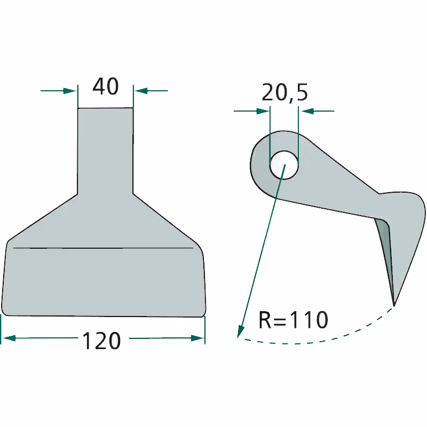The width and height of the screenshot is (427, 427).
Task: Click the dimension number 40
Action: click(x=106, y=86)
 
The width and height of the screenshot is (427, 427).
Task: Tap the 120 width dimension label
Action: click(x=101, y=341)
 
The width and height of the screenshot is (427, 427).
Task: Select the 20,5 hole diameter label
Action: click(x=284, y=92)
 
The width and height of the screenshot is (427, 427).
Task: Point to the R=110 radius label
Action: click(x=293, y=320)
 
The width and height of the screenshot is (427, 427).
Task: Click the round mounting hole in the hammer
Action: click(x=284, y=165)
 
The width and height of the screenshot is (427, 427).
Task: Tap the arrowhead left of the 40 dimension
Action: click(x=69, y=91)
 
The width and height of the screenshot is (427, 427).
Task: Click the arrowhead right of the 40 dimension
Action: click(x=141, y=91)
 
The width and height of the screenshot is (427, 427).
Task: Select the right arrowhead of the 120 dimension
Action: click(x=197, y=338)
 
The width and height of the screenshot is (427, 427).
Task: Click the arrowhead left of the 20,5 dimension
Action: click(x=263, y=111)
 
